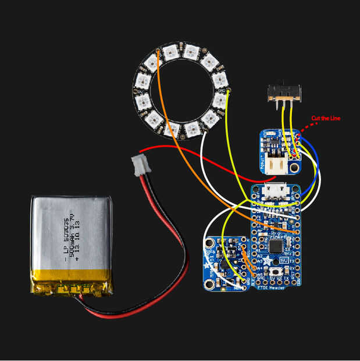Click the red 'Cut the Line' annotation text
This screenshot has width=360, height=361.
[325, 119]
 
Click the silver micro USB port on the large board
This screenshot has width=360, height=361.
[276, 190]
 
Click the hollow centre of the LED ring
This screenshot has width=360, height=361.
[180, 91]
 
